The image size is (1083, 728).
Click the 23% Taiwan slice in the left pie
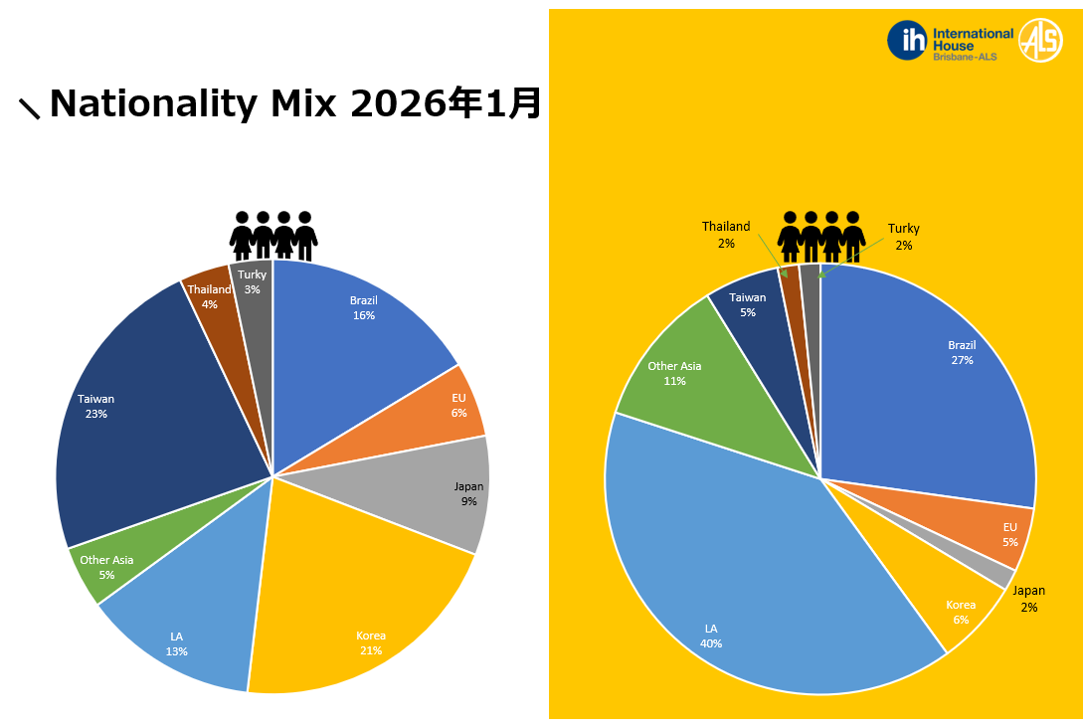[x=149, y=418]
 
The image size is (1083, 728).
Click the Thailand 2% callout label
[x=726, y=235]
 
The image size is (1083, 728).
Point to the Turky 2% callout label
[x=903, y=237]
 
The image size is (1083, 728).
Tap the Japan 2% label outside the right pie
[x=1028, y=599]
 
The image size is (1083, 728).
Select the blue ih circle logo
[x=907, y=41]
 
